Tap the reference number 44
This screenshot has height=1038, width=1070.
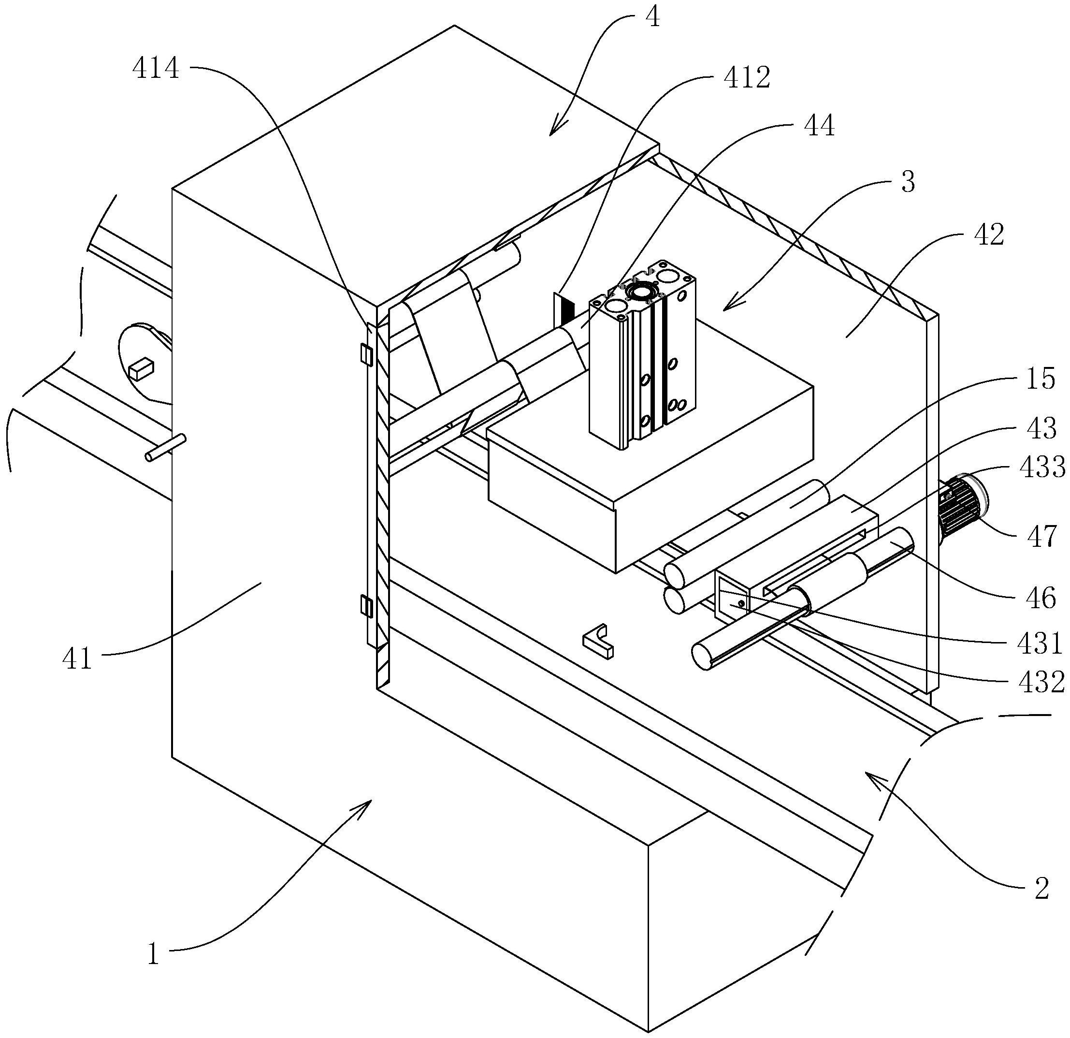click(x=820, y=127)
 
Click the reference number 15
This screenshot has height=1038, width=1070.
click(x=1041, y=379)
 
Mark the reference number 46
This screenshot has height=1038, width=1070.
click(x=1041, y=599)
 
